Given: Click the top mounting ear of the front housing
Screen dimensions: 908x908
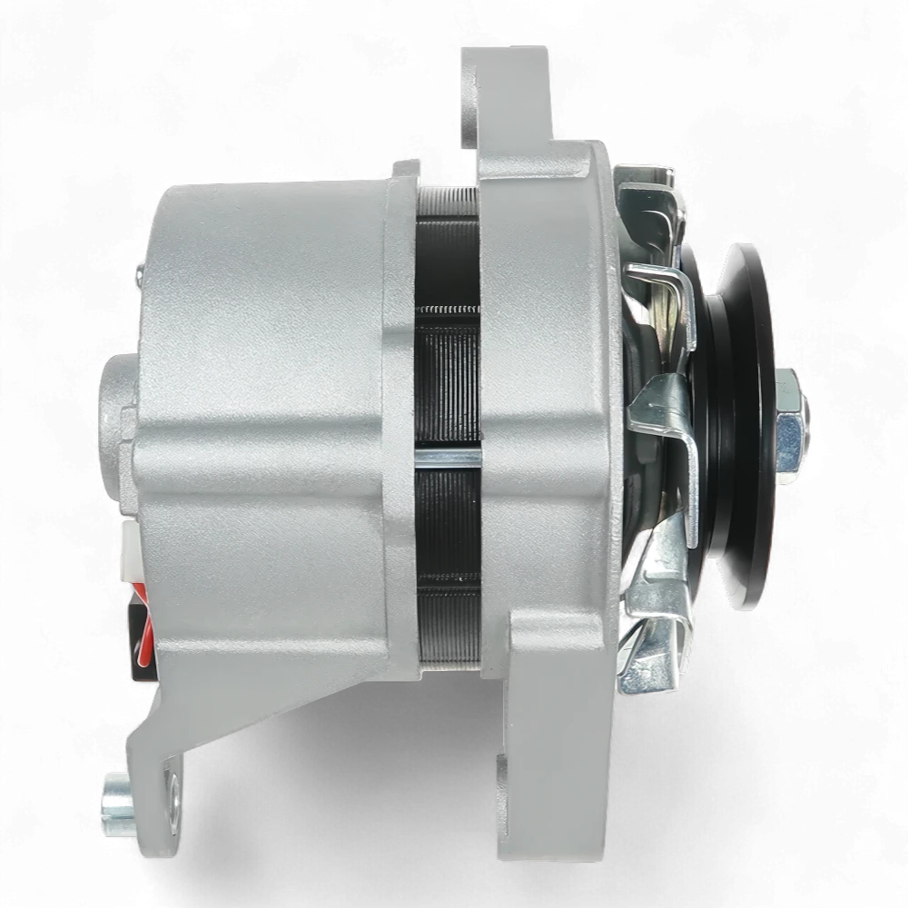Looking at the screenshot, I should (x=508, y=100).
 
